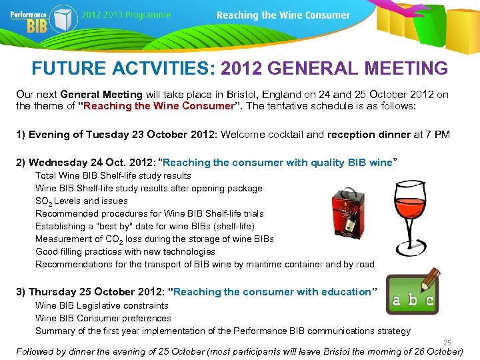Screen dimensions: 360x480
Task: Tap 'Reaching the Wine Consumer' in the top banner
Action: point(283,15)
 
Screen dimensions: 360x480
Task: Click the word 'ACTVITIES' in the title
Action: point(163,68)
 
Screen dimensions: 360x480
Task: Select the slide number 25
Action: point(447,343)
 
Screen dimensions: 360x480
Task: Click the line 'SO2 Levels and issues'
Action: point(81,201)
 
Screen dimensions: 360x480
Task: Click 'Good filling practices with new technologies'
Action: point(125,251)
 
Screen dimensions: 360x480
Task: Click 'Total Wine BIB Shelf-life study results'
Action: point(113,175)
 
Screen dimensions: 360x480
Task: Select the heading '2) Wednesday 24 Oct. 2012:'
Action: point(87,162)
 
